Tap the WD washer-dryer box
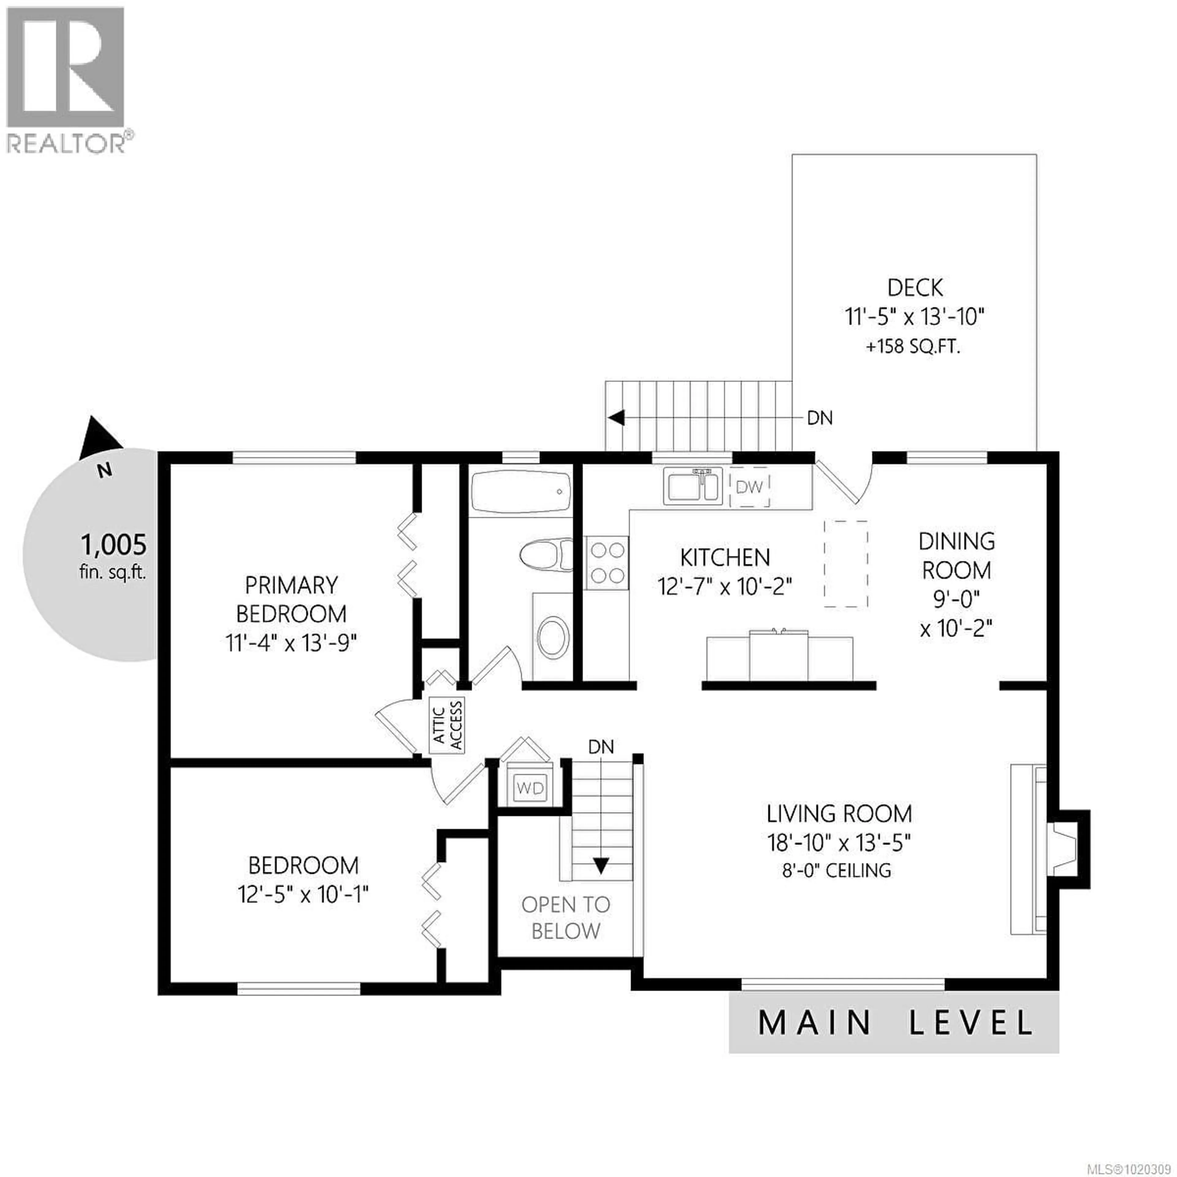529,788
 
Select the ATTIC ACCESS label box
448,726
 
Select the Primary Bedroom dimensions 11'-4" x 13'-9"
291,643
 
